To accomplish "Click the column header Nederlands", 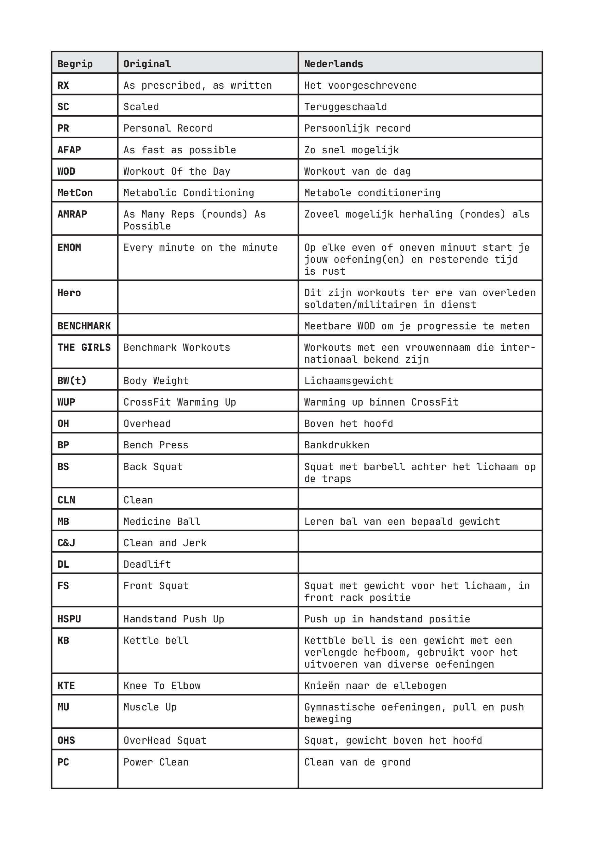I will coord(333,64).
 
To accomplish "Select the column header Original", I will coord(147,64).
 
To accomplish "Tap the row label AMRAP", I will coord(72,214).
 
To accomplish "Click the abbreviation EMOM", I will coord(69,247).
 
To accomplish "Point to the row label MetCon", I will coord(75,193).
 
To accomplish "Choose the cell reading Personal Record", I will coord(168,128).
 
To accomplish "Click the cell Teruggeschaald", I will coord(346,107).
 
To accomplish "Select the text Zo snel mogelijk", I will coord(351,150).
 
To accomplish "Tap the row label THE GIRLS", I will coord(84,347).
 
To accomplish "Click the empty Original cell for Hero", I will coord(207,297).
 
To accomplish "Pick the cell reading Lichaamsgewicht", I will coord(348,381).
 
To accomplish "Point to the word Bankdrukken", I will coord(337,445).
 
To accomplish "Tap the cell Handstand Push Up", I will coord(174,619).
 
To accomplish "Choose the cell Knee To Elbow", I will coord(162,686).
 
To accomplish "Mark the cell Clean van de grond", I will coord(357,762).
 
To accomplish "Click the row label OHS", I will coord(67,741).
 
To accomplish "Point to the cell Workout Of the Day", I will coord(177,171).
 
